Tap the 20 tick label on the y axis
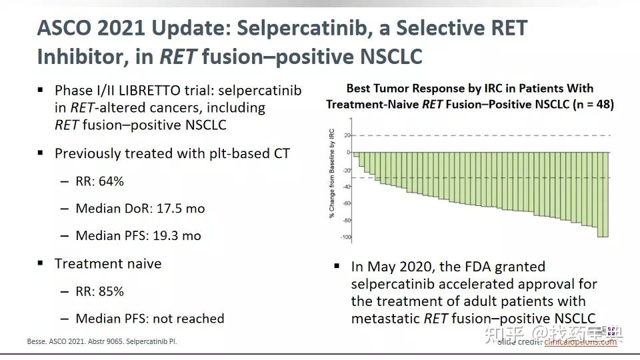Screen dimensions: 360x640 click(x=347, y=135)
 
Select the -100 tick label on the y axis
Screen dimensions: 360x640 click(x=345, y=237)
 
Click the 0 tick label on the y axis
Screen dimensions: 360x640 click(x=348, y=153)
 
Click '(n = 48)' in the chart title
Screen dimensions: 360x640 click(x=589, y=104)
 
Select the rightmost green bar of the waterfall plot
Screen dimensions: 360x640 click(x=603, y=194)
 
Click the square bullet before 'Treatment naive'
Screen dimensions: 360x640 click(x=41, y=264)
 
